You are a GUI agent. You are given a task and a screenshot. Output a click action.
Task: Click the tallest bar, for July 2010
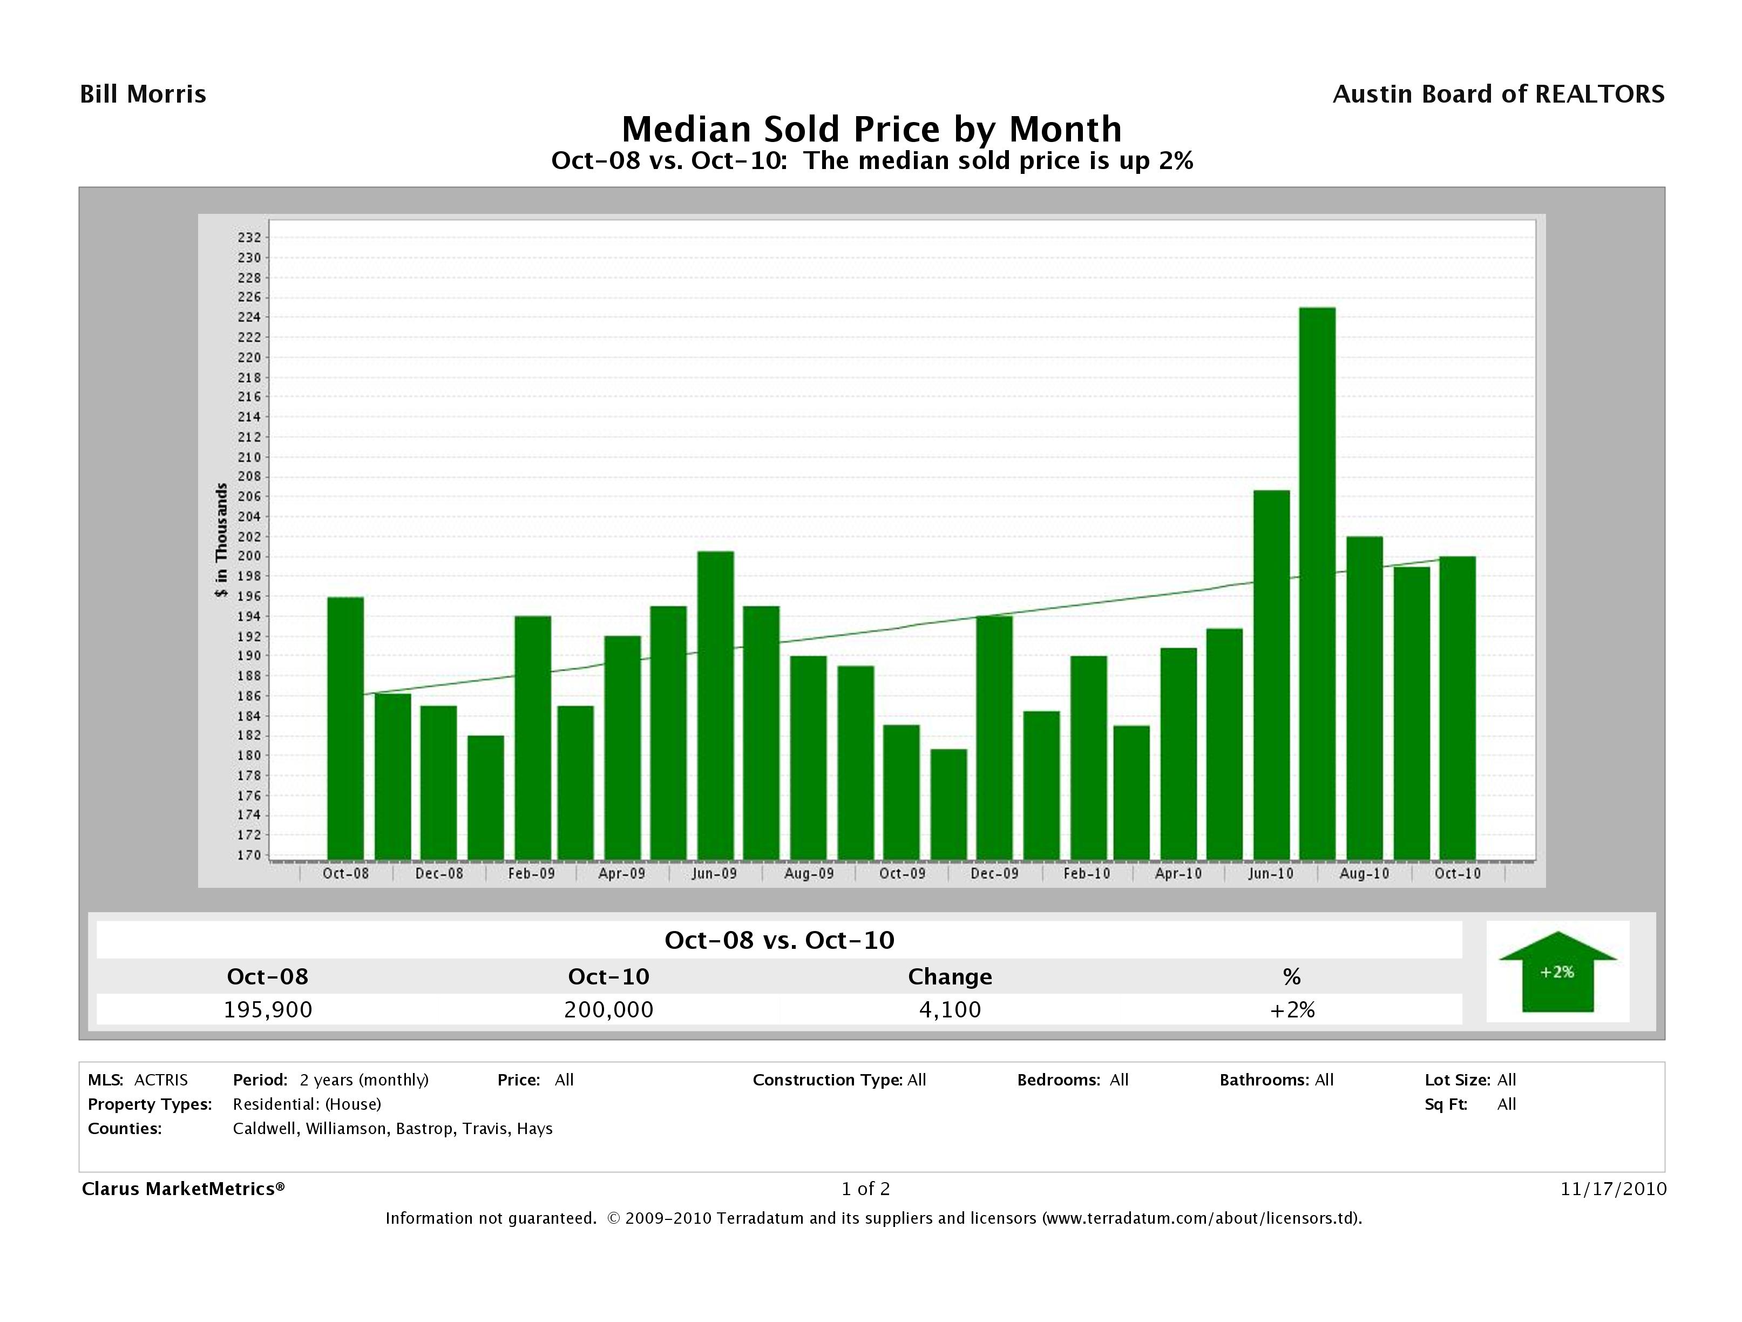pos(1317,583)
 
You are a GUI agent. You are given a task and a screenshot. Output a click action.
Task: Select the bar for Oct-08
pos(345,728)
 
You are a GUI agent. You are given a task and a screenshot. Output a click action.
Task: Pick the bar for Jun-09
pos(715,705)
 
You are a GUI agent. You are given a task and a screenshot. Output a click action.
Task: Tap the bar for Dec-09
pos(994,738)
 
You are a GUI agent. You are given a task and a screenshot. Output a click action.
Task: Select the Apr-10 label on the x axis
pos(1178,874)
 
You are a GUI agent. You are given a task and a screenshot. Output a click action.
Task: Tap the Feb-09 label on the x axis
pos(531,874)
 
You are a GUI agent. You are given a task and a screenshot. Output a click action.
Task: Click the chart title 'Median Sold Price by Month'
pos(871,129)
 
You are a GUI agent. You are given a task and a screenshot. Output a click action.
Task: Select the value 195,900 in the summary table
pos(268,1009)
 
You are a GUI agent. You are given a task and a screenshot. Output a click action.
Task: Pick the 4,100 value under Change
pos(950,1009)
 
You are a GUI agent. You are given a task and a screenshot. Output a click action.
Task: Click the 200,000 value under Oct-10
pos(609,1009)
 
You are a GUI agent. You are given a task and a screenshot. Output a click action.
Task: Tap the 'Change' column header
pos(950,977)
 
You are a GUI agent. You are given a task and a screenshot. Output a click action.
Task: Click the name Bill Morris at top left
pos(144,95)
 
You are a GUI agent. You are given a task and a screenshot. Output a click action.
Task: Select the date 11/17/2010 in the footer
pos(1614,1189)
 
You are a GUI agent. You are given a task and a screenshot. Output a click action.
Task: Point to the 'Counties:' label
pos(124,1129)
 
